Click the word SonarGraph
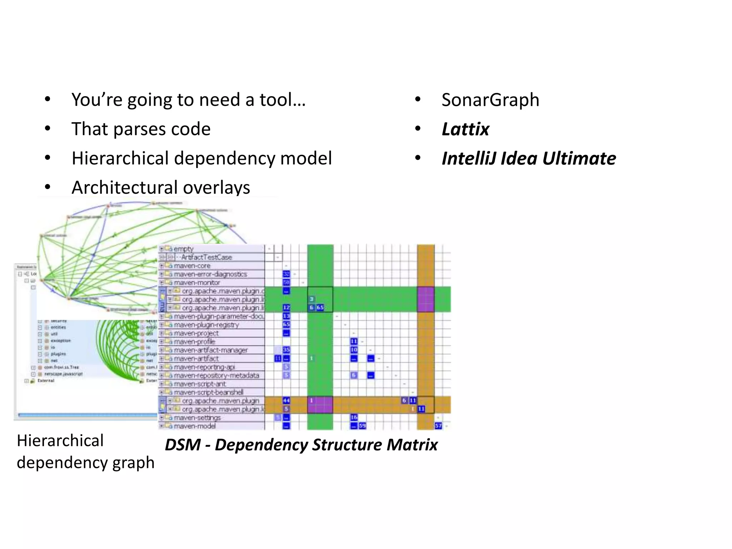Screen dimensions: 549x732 click(490, 100)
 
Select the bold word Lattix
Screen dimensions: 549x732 click(465, 129)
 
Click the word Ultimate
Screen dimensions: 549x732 click(579, 158)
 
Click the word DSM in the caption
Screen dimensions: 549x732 click(183, 445)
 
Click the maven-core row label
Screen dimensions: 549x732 click(192, 266)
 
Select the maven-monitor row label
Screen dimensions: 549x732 click(197, 283)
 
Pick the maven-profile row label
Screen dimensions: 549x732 click(194, 342)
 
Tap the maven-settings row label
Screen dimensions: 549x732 click(197, 418)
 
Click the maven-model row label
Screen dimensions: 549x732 click(195, 426)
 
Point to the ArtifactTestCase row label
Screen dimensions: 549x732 click(206, 257)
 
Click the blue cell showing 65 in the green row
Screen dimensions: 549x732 click(320, 308)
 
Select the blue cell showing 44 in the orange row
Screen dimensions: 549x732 click(286, 401)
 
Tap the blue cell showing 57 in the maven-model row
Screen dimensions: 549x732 click(438, 426)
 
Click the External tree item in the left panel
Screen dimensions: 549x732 click(46, 381)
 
